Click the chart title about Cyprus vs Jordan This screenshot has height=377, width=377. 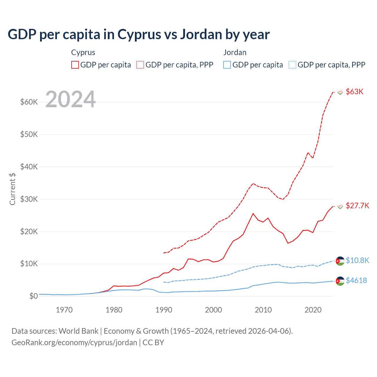(x=138, y=34)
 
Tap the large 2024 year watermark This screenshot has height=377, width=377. (x=70, y=100)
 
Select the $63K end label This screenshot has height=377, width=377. (x=355, y=92)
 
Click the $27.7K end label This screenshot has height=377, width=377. (x=357, y=206)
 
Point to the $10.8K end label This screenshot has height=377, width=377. (x=357, y=260)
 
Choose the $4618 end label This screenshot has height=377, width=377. (x=356, y=280)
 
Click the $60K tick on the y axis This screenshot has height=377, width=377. (x=29, y=102)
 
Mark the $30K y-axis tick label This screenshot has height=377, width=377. (x=29, y=199)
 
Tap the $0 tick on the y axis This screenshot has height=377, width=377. (x=33, y=296)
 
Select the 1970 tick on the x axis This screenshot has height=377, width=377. (x=64, y=310)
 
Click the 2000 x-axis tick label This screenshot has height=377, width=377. (x=214, y=310)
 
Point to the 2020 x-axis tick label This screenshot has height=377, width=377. (x=313, y=310)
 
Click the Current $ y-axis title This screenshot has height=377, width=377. (x=12, y=189)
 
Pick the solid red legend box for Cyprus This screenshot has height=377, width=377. (x=75, y=65)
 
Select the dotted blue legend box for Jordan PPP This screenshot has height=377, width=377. (x=292, y=65)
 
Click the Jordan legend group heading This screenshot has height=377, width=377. (x=235, y=52)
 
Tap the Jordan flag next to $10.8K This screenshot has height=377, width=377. (x=340, y=261)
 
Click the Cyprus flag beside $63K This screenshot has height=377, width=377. (x=340, y=92)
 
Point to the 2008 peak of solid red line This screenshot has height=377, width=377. (x=253, y=214)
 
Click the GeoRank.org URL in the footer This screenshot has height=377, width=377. (x=74, y=343)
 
